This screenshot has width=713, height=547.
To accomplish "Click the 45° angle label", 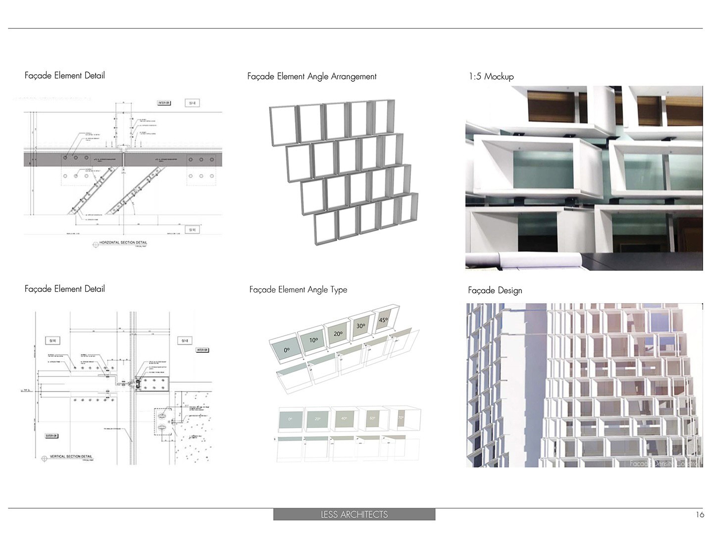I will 383,320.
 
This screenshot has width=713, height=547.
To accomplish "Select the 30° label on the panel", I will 361,326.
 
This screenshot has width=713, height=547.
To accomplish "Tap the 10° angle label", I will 313,340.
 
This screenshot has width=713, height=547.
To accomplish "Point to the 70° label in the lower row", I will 400,417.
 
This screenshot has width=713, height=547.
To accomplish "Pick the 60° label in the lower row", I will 372,418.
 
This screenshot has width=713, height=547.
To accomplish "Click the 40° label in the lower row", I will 344,419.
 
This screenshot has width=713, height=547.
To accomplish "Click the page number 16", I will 700,515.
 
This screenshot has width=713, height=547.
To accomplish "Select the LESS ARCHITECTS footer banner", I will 354,515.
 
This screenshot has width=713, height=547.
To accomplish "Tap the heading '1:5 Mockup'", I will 491,76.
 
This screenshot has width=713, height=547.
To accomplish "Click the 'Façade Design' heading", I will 495,290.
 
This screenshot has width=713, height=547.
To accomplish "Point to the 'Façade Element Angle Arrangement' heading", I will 312,76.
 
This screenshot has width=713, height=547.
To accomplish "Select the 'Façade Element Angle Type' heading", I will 298,290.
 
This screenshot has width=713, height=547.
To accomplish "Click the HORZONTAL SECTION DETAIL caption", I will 123,243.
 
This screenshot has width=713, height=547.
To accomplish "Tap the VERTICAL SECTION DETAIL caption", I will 71,456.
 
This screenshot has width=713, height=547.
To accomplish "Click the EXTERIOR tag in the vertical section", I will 51,436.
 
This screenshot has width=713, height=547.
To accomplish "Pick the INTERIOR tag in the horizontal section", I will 164,103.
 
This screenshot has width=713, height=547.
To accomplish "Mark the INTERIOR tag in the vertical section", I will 202,350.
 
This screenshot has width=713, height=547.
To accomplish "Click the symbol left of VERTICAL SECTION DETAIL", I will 45,458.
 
